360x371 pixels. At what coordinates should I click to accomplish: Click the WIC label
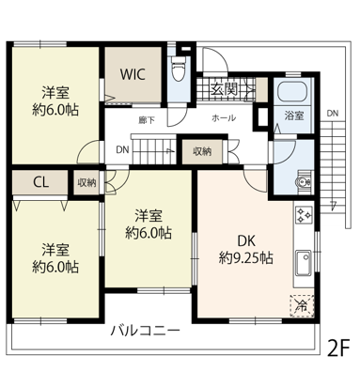coord(133,74)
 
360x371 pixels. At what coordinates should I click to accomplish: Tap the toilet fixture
coord(180,70)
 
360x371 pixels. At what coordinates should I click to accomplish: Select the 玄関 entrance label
coord(224,89)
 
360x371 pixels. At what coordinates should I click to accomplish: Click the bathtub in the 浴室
coord(292,91)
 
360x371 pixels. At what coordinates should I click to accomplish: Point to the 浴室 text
coord(294,116)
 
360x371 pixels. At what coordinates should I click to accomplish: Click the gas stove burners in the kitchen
coord(303,214)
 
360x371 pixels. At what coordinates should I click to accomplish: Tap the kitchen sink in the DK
coord(304,263)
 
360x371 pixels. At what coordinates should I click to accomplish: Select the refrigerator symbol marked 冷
coord(302,306)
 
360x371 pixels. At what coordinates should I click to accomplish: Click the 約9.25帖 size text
coord(245,258)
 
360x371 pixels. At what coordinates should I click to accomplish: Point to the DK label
coord(246,241)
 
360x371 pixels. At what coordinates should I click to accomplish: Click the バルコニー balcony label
coord(145,331)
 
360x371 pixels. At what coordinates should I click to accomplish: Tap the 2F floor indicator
coord(337,348)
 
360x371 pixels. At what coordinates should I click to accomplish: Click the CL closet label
coord(41,182)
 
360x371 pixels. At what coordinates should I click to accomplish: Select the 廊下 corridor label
coord(147,120)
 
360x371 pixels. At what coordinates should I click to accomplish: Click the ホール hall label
coord(224,118)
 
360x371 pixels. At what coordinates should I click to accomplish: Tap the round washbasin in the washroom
coord(303,181)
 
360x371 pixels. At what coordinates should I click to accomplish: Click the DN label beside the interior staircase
coord(122,150)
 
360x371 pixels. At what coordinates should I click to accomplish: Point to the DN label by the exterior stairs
coord(333,114)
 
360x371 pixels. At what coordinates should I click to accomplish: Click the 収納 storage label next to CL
coord(86,183)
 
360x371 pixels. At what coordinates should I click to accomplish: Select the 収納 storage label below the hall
coord(202,151)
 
